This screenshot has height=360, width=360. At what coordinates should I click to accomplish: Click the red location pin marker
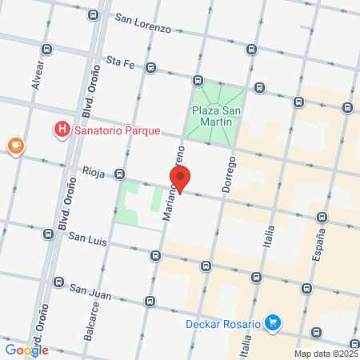click(181, 180)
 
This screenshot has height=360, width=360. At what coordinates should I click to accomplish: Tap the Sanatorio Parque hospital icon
click(61, 129)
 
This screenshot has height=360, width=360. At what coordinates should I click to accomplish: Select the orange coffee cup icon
click(15, 145)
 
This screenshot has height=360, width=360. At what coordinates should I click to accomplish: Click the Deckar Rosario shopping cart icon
click(274, 323)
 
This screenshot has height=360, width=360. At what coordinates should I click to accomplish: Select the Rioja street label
click(94, 170)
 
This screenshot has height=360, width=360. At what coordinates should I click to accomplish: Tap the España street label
click(319, 247)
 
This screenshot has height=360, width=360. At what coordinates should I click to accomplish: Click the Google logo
click(26, 350)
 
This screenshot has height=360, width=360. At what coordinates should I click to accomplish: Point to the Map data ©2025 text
click(326, 353)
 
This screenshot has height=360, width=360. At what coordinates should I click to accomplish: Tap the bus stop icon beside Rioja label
click(119, 174)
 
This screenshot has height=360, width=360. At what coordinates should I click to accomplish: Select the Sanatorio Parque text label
click(118, 130)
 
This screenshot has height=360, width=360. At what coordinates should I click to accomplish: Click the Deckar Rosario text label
click(222, 324)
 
